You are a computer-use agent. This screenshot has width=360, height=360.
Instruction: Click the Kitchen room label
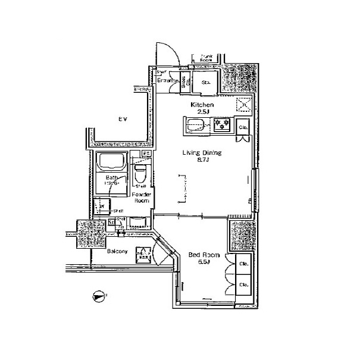tap(202, 105)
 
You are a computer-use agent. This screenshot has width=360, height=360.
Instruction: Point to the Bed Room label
tap(204, 255)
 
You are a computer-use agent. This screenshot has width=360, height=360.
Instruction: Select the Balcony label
tap(117, 252)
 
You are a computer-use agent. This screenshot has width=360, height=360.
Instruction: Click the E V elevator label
tap(123, 120)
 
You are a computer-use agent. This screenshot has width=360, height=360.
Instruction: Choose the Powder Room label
tap(141, 198)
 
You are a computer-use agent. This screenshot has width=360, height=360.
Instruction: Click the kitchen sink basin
tap(195, 125)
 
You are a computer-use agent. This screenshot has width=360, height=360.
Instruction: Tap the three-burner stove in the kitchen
tap(222, 125)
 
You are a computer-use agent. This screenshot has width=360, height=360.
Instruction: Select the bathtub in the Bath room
tap(111, 162)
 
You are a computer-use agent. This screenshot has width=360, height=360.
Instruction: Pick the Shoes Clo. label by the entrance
tap(184, 83)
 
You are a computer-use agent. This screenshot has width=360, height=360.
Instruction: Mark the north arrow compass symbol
tap(98, 295)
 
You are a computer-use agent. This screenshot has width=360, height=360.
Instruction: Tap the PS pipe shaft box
tap(145, 154)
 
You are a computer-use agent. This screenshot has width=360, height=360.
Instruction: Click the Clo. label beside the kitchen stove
tap(243, 127)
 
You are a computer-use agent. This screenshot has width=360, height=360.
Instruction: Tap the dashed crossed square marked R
tap(243, 105)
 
